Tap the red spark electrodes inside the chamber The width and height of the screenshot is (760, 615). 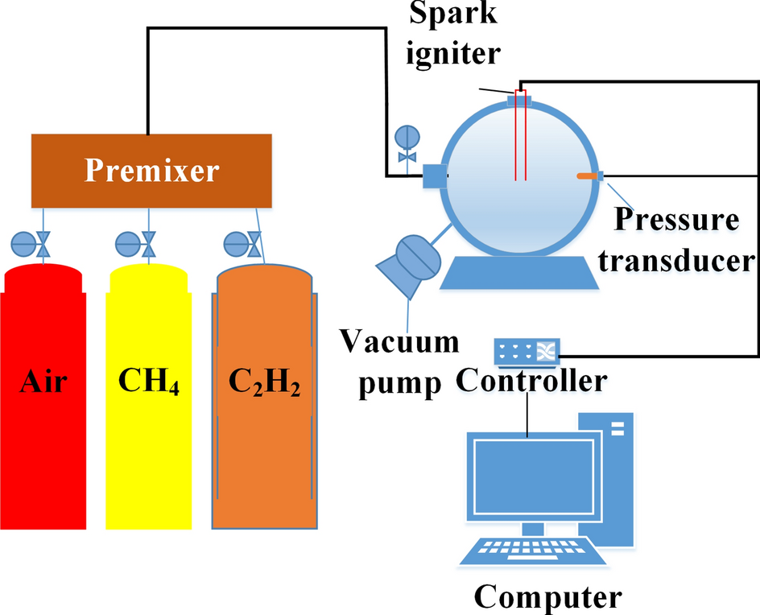[519, 137]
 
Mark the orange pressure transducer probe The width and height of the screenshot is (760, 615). [586, 176]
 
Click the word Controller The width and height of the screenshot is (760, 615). [531, 380]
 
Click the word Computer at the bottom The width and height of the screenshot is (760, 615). [547, 596]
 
